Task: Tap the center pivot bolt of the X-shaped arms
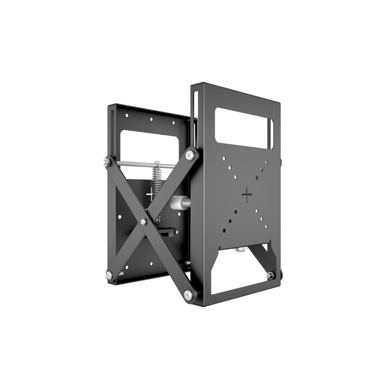(x=143, y=222)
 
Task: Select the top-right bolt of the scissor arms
(x=191, y=154)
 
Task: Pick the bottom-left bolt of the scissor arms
(x=110, y=275)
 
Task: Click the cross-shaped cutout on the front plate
(x=247, y=195)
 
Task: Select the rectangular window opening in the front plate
(x=244, y=127)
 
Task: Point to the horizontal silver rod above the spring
(x=140, y=164)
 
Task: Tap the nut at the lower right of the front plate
(x=270, y=275)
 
